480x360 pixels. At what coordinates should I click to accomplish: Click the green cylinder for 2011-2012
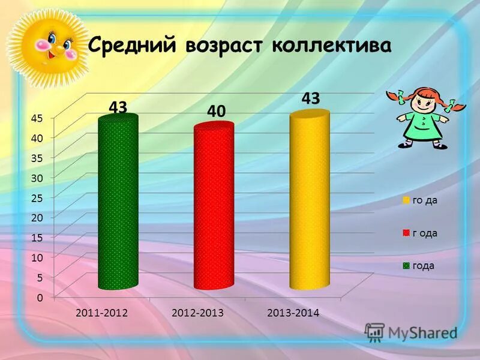coord(118,204)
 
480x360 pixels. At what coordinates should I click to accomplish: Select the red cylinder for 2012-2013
coord(214,207)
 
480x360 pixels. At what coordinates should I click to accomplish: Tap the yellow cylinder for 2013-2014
coord(309,201)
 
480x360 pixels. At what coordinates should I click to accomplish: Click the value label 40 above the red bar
coord(217,111)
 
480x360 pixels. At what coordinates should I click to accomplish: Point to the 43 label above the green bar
coord(118,107)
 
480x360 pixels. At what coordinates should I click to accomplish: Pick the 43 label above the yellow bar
coord(310,98)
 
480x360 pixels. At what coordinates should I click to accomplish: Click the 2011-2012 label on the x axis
coord(100,313)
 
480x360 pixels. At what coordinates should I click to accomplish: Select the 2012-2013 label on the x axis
coord(197,313)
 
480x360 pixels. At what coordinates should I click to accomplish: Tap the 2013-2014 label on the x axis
coord(293,313)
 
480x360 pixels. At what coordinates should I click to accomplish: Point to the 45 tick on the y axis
coord(37,118)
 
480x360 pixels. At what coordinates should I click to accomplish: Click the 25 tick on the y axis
coord(37,197)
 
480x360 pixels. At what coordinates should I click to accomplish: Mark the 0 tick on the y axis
coord(39,297)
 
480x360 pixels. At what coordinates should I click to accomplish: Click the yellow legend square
coord(406,200)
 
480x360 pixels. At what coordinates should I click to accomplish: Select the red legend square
coord(406,233)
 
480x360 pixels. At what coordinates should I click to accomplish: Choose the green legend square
coord(406,265)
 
